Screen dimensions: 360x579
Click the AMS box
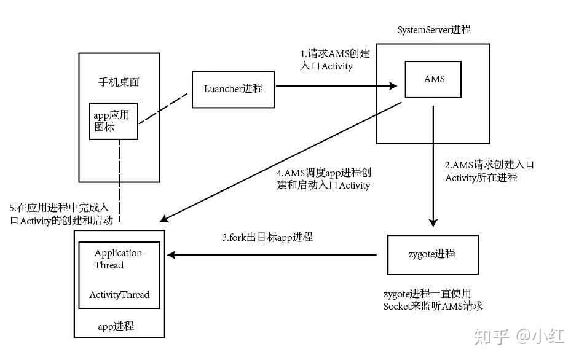433,79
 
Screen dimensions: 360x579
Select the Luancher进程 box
234,88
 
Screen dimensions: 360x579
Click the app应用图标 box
112,121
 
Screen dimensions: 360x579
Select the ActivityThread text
119,294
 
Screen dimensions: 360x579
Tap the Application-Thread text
119,259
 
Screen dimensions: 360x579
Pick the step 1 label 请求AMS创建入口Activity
335,60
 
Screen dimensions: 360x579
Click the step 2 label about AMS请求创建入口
489,171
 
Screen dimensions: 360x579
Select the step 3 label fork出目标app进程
267,237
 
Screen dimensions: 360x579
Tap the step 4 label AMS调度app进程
324,179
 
